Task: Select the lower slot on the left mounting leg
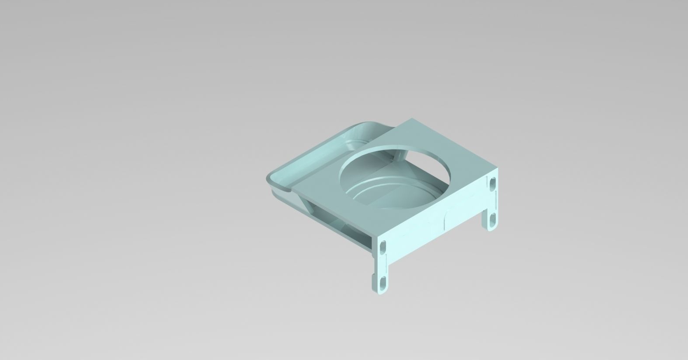coord(383,282)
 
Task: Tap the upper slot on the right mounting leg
coord(493,183)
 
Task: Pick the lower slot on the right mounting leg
coord(493,218)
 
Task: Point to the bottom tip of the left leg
coord(380,293)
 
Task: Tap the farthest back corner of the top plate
coord(412,119)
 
